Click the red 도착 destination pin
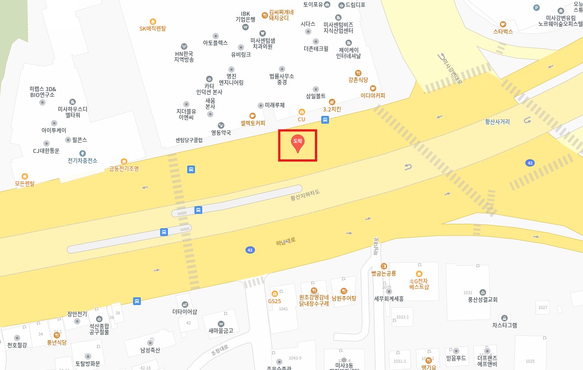pyautogui.click(x=297, y=143)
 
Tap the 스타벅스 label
pyautogui.click(x=503, y=31)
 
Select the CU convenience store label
pyautogui.click(x=301, y=119)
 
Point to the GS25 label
pyautogui.click(x=274, y=301)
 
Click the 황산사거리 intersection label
pyautogui.click(x=497, y=122)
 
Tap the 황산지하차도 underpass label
pyautogui.click(x=305, y=195)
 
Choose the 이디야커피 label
pyautogui.click(x=373, y=95)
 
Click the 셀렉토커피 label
pyautogui.click(x=253, y=123)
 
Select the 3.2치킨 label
pyautogui.click(x=332, y=109)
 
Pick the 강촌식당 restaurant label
pyautogui.click(x=358, y=79)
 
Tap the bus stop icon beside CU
pyautogui.click(x=325, y=120)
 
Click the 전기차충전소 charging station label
pyautogui.click(x=83, y=160)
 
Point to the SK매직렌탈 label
pyautogui.click(x=153, y=28)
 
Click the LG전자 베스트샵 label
pyautogui.click(x=419, y=283)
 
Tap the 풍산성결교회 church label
pyautogui.click(x=482, y=299)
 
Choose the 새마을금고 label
pyautogui.click(x=221, y=330)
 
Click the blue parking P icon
pyautogui.click(x=536, y=8)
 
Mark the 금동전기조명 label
pyautogui.click(x=124, y=168)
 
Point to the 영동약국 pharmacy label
pyautogui.click(x=221, y=133)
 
